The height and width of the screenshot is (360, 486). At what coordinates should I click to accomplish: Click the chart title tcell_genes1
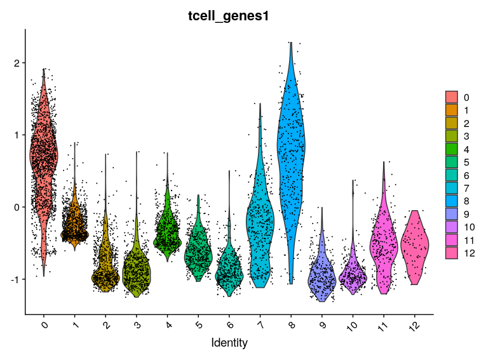point(229,17)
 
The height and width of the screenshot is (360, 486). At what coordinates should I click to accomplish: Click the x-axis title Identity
point(229,343)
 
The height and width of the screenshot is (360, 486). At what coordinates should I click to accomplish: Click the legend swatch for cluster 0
point(452,97)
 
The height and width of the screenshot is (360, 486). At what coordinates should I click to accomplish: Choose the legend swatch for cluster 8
point(452,201)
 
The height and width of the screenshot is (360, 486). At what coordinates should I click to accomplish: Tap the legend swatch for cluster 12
point(452,253)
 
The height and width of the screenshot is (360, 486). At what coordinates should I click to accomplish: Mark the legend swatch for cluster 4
point(452,149)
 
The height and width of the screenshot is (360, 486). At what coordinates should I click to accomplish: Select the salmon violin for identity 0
point(43,152)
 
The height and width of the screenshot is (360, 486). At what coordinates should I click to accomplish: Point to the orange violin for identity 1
point(75,222)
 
